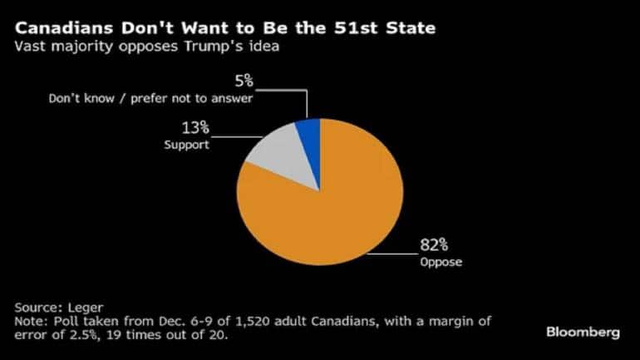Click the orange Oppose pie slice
(332, 216)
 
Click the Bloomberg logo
(583, 333)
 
